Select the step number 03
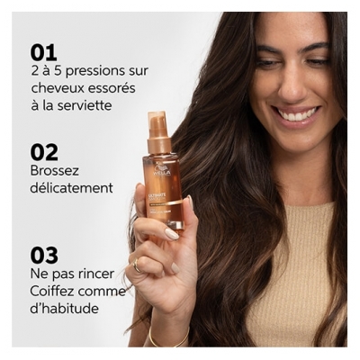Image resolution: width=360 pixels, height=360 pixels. pyautogui.click(x=44, y=256)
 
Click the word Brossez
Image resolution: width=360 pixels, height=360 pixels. pyautogui.click(x=57, y=171)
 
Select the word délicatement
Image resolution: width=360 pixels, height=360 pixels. pyautogui.click(x=71, y=189)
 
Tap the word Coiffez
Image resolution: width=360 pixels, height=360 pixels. pyautogui.click(x=55, y=292)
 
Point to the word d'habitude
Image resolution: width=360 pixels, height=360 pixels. pyautogui.click(x=65, y=309)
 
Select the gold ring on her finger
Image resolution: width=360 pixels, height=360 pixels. pyautogui.click(x=137, y=266)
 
